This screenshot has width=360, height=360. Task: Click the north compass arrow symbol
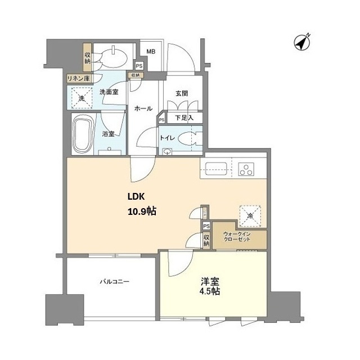302,43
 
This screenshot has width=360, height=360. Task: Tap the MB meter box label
151,52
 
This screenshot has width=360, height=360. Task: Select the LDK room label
136,197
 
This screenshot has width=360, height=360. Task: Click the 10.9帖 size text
142,211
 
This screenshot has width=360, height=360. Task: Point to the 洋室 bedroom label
210,281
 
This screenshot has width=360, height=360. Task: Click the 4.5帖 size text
210,291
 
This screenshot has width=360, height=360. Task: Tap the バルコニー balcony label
115,281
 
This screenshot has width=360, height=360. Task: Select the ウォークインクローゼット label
237,237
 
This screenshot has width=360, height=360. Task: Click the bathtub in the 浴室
83,134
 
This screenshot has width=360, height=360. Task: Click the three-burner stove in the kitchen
246,169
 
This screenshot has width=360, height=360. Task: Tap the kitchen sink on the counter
216,169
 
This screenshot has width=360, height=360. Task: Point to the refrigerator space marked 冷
250,216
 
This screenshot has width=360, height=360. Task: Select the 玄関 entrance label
182,93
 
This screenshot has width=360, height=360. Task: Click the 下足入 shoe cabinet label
184,118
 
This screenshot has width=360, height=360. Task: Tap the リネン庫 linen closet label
78,79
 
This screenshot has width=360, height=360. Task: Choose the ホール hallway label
143,108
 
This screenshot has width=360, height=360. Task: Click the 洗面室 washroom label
109,92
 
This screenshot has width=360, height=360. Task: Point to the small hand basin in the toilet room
167,151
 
